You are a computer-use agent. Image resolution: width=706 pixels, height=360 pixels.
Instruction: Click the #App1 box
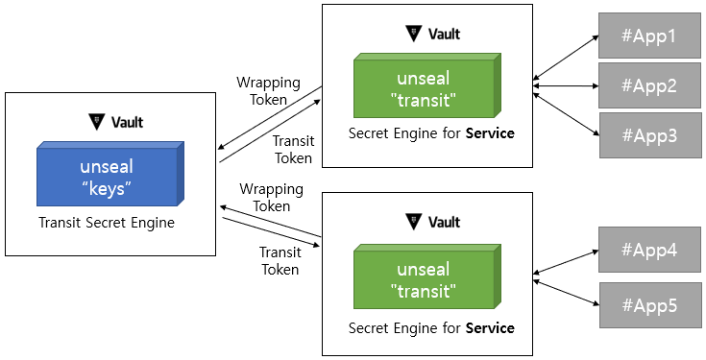[648, 36]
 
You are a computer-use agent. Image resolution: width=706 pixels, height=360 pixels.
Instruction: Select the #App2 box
[648, 85]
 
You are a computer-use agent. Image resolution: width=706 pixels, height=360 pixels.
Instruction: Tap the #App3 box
[648, 134]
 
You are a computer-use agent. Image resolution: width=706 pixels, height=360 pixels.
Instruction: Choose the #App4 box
[648, 251]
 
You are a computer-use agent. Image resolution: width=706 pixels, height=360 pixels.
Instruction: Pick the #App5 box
[648, 305]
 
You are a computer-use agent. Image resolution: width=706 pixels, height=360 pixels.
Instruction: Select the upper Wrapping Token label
[269, 90]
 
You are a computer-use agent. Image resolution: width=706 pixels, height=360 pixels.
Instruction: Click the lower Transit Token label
[280, 260]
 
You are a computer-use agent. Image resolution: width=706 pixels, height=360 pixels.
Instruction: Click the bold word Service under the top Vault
[490, 133]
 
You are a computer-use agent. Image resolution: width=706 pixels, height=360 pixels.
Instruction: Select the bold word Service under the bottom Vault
[490, 327]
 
